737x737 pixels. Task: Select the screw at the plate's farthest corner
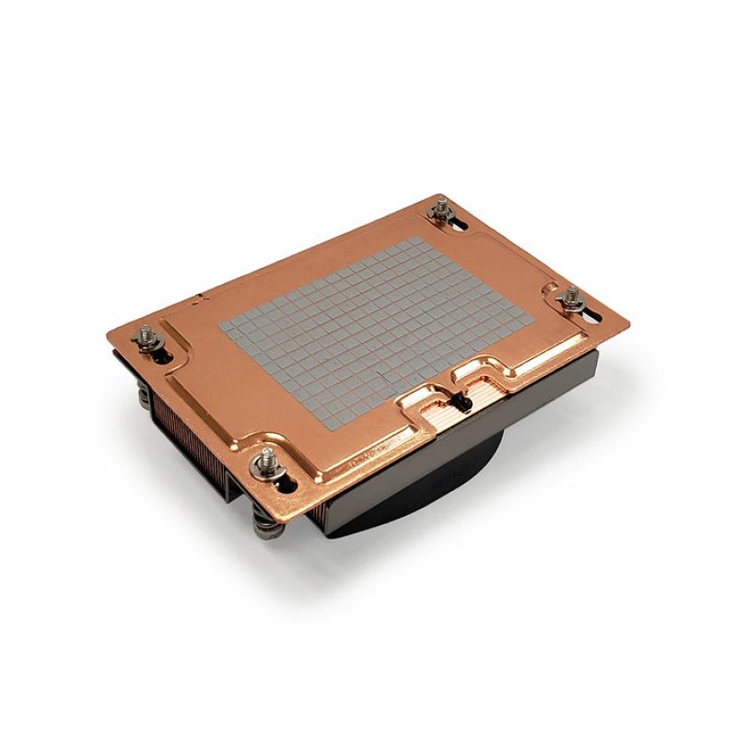(437, 215)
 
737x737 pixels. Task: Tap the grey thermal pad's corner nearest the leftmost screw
(220, 327)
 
